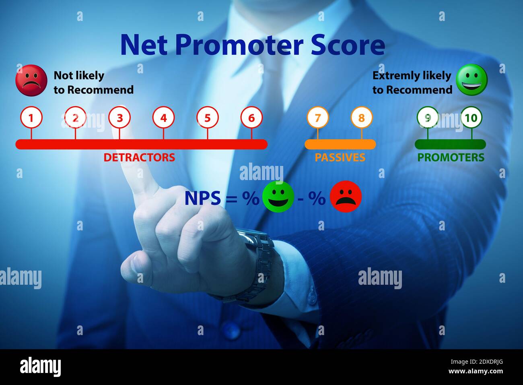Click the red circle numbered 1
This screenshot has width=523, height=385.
(31, 118)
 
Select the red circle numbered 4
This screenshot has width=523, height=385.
(163, 118)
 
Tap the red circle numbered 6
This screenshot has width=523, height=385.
(251, 118)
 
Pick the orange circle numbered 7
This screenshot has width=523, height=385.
(317, 118)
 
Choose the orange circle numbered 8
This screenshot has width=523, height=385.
(361, 118)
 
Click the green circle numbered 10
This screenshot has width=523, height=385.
(471, 118)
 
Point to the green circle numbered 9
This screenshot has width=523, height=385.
(428, 118)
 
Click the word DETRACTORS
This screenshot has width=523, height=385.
(139, 157)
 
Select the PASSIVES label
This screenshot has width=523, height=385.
(340, 157)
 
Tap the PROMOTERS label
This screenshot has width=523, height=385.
(451, 157)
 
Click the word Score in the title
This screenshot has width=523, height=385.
(348, 45)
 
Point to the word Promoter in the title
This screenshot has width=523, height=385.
(239, 45)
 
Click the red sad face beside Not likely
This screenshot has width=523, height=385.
(31, 81)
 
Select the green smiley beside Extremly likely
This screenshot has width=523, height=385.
(471, 80)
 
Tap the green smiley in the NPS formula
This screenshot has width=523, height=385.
(278, 197)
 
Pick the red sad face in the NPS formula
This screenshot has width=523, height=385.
(346, 197)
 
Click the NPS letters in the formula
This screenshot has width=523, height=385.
(202, 198)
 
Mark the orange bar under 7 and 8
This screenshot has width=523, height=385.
(340, 144)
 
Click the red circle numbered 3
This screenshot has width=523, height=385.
(119, 118)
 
